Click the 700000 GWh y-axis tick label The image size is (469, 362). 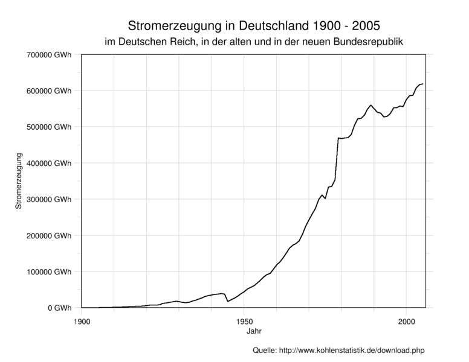(50, 55)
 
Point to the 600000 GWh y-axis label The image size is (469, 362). (50, 91)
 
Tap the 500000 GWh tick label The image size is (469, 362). (50, 127)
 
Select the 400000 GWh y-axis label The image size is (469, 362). (50, 164)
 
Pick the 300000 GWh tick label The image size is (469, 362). (50, 200)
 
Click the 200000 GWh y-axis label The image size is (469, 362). (50, 236)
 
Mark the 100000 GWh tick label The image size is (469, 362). (50, 272)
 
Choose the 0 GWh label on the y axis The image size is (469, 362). (60, 308)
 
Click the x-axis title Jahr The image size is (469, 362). (254, 331)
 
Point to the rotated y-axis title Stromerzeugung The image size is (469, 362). (19, 181)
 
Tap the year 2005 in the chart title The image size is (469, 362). (367, 27)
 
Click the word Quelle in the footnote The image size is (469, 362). (264, 350)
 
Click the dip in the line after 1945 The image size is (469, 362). (228, 301)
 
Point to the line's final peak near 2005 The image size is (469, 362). (422, 84)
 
